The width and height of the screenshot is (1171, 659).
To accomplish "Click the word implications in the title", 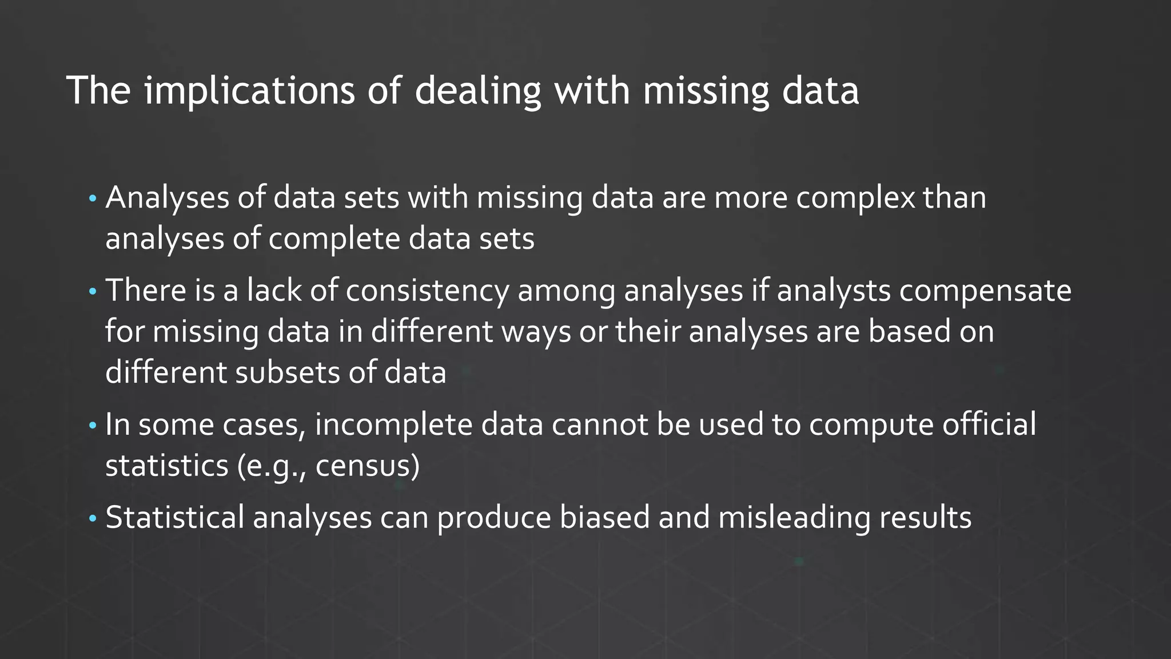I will click(x=249, y=91).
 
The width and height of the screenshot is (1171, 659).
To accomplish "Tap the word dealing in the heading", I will click(x=477, y=91).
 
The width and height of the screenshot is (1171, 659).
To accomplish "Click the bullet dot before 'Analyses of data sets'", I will click(x=93, y=200).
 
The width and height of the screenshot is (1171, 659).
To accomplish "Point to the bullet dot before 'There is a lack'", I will click(x=93, y=292).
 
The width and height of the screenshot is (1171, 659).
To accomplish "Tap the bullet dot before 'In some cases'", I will click(x=93, y=426).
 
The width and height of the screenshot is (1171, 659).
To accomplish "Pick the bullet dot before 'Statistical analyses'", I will click(x=93, y=519).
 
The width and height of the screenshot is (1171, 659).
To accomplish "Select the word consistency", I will click(x=427, y=291).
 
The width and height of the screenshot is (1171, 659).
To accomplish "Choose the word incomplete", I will click(x=393, y=424).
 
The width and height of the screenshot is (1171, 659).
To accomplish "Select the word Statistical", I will click(x=174, y=517).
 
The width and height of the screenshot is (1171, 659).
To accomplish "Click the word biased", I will click(x=604, y=517).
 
